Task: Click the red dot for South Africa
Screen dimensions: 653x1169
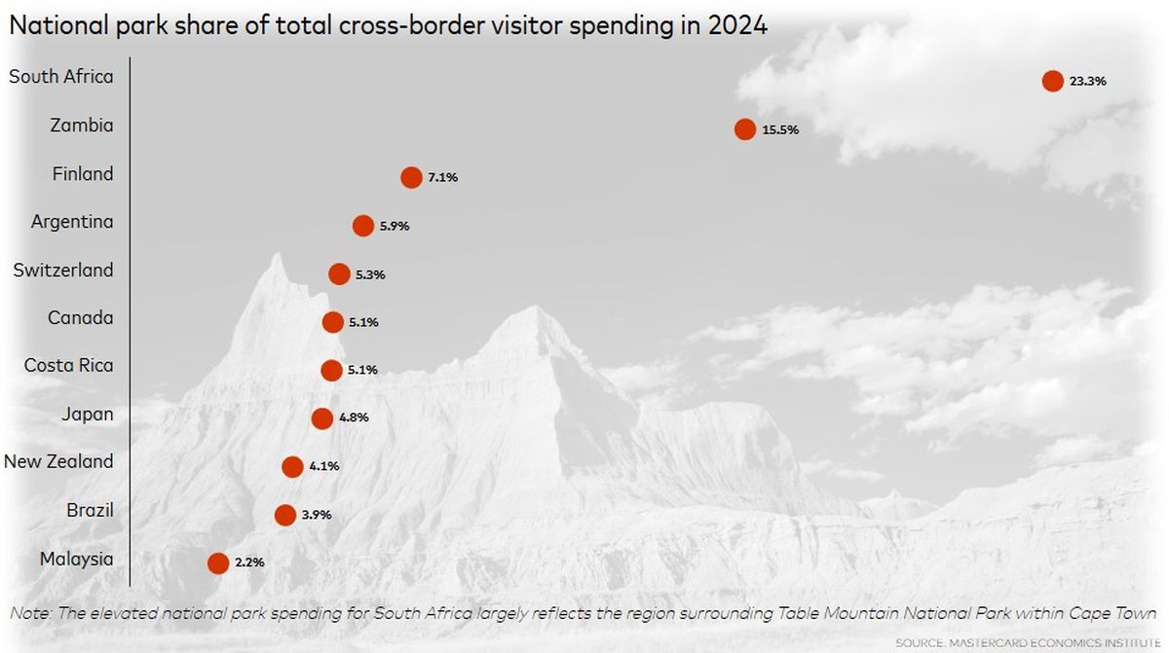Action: coord(1052,82)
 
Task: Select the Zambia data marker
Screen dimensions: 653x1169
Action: coord(745,129)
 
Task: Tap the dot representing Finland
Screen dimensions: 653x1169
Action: coord(411,177)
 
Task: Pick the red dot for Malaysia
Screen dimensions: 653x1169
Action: coord(218,562)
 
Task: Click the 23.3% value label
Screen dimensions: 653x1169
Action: coord(1087,82)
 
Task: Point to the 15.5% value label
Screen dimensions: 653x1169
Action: coord(780,129)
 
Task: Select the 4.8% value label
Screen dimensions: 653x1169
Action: coord(354,417)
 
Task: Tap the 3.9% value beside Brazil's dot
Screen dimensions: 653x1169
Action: coord(317,514)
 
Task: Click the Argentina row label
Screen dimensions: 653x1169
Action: coord(72,222)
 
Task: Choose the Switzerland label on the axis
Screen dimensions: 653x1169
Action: coord(63,270)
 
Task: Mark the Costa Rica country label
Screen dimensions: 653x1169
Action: coord(68,366)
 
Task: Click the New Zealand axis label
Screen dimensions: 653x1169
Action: coord(58,461)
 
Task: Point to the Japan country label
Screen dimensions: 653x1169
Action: coord(87,414)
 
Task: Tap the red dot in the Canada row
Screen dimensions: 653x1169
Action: coord(332,322)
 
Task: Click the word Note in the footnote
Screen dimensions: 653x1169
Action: coord(28,614)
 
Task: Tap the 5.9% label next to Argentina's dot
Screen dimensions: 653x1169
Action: coord(395,226)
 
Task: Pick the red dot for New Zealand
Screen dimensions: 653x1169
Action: coord(292,466)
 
